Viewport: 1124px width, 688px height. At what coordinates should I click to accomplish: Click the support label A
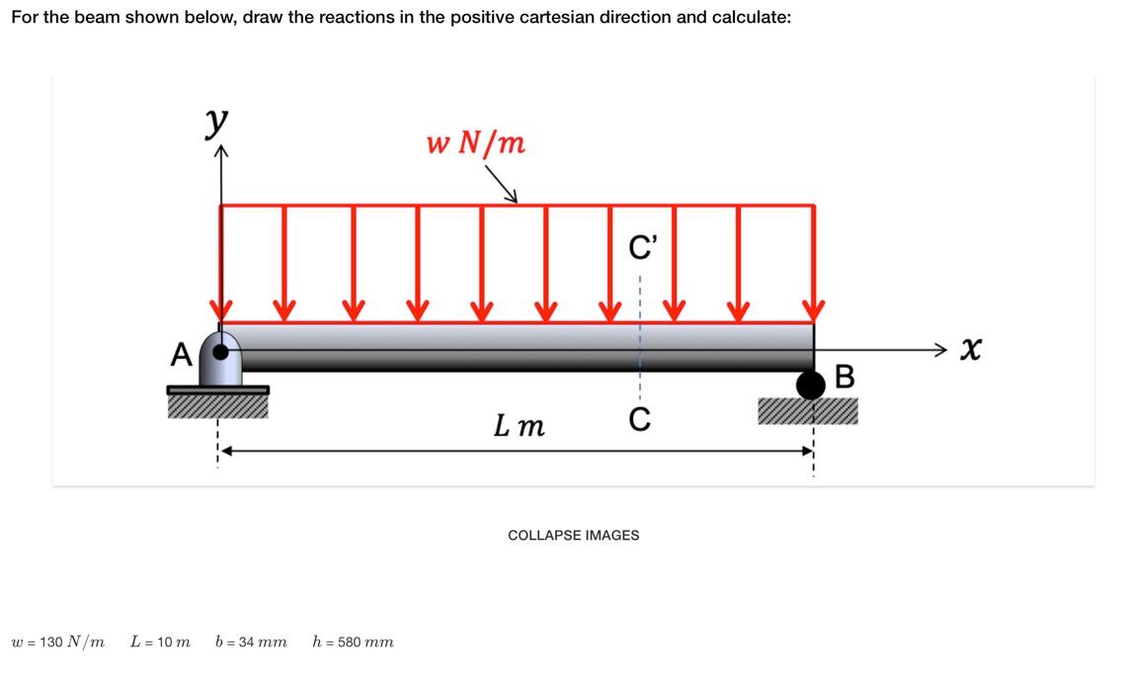click(x=180, y=353)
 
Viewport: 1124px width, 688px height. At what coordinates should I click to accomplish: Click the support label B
click(x=843, y=377)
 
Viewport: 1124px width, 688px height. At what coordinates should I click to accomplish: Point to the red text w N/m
click(x=476, y=144)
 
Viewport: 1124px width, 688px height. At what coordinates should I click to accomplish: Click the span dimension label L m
click(x=519, y=426)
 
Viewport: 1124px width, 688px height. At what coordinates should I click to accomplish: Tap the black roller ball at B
click(x=811, y=386)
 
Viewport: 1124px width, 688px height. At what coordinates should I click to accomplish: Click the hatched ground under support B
click(x=807, y=410)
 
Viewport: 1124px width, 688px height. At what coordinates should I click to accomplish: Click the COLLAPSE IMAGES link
click(x=573, y=535)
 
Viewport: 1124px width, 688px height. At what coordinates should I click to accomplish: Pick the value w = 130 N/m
click(x=57, y=642)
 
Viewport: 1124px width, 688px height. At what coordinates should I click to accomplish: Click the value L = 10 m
click(x=160, y=642)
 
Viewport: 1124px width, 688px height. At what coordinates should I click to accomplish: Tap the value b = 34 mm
click(x=251, y=642)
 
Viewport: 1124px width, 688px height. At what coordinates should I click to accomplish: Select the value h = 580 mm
click(x=353, y=642)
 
